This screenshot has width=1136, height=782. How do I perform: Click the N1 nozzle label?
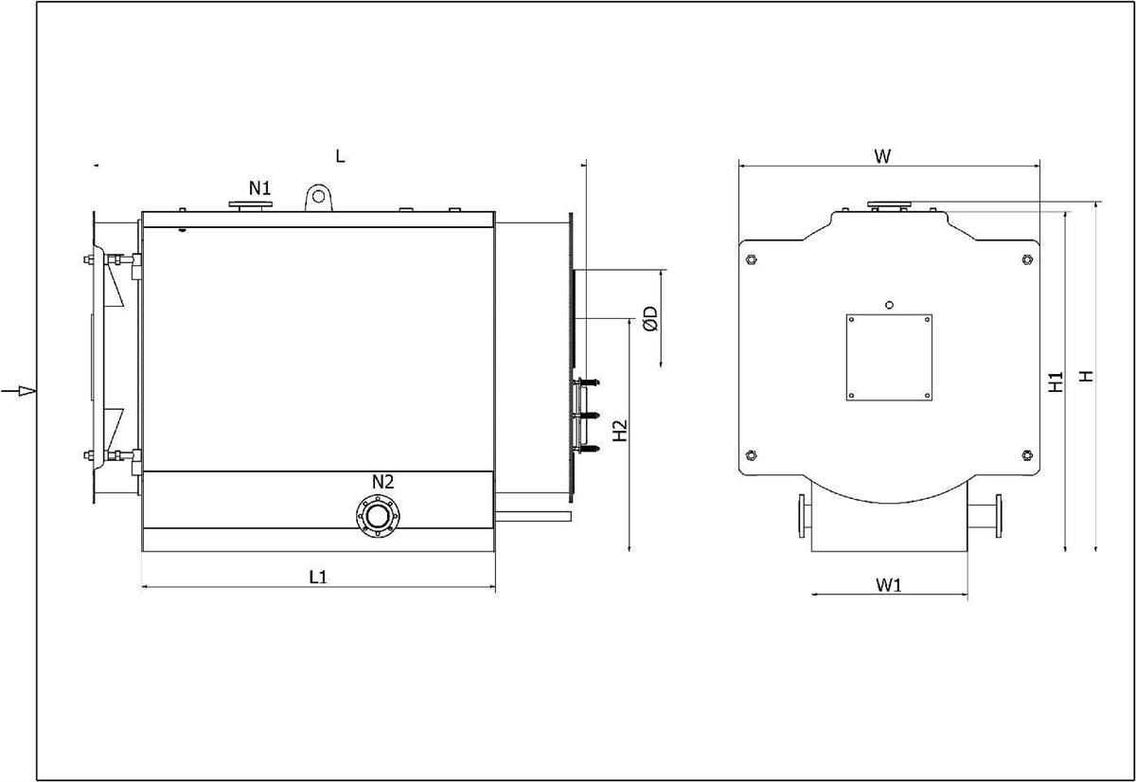pos(259,188)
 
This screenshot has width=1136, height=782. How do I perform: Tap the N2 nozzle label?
pos(382,482)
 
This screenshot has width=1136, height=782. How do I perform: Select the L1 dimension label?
pos(318,577)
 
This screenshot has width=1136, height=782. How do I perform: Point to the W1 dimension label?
pos(889,585)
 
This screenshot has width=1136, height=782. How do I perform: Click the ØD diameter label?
pos(650,318)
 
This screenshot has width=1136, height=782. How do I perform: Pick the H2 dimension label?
pos(620,431)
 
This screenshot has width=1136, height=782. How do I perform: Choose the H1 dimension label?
pos(1055,382)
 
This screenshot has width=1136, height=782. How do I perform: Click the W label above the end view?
pos(882,156)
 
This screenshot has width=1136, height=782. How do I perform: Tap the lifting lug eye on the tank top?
pos(318,196)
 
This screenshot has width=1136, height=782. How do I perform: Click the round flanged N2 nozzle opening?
pos(378,516)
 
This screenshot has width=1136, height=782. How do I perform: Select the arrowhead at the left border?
pos(27,390)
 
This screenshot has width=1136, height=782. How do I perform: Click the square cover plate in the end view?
pos(889,358)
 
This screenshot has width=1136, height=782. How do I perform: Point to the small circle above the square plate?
pos(889,305)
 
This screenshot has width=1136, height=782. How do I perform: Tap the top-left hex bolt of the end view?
pos(752,259)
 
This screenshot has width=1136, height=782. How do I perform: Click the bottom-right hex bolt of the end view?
pos(1027,454)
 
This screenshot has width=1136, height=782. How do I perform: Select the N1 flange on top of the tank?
pos(251,204)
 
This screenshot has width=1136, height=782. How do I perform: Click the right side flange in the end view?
pos(999,516)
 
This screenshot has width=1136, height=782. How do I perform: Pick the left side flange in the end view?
pos(801,516)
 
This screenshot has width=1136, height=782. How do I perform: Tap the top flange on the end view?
pos(889,204)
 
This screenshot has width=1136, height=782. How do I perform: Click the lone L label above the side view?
pos(340,156)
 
